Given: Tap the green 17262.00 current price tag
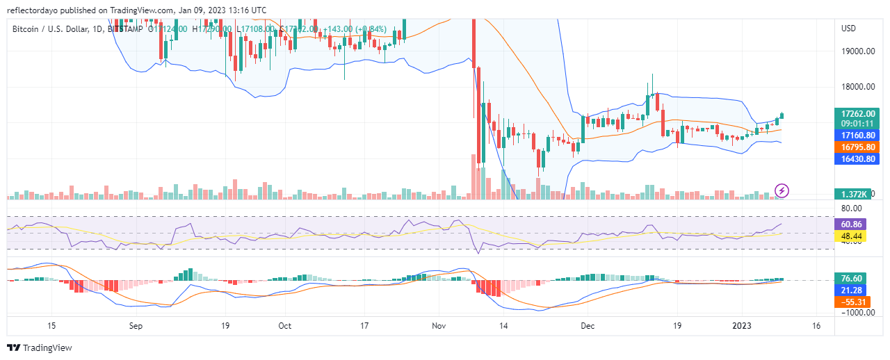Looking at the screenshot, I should (x=858, y=113).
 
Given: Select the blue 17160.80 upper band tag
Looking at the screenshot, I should (x=858, y=135).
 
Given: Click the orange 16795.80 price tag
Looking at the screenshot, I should (x=858, y=147).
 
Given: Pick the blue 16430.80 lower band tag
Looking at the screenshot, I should (x=858, y=158).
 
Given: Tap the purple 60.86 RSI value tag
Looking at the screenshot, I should (x=853, y=224).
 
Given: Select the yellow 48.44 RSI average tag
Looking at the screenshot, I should (x=853, y=237).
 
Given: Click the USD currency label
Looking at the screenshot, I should (x=848, y=28).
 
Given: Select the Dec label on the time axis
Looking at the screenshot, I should (x=588, y=325).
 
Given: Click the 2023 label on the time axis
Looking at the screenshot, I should (x=743, y=325).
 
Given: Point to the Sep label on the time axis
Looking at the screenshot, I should (x=136, y=325).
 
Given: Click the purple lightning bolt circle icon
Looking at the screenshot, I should (x=782, y=190).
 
